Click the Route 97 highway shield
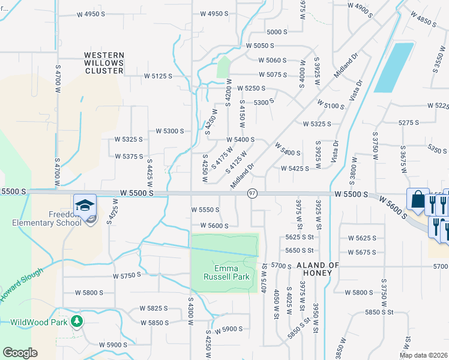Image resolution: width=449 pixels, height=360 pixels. point(252,194)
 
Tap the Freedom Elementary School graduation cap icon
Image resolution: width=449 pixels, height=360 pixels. point(85,204)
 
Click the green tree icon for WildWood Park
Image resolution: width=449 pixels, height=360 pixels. point(76,322)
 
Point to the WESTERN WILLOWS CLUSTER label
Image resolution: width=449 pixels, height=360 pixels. point(103,63)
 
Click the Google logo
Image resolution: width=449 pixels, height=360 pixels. point(20,353)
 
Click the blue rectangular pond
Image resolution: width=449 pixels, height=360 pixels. point(394,67)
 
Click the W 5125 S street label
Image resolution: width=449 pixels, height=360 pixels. point(158,76)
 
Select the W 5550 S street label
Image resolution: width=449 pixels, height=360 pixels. point(205,210)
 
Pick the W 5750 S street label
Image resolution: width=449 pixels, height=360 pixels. point(127,275)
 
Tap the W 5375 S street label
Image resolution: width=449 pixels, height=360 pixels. point(129,156)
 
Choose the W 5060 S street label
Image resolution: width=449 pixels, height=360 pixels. point(273,60)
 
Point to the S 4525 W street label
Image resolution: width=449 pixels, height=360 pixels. point(110,211)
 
